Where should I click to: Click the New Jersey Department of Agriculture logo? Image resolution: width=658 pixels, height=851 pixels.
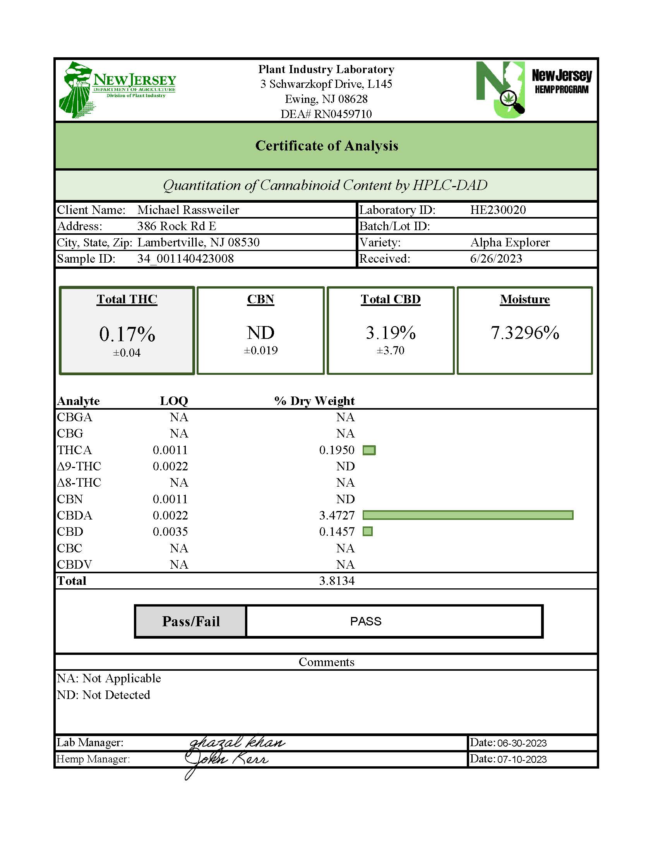(x=117, y=89)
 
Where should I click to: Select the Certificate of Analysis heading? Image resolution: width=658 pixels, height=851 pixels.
(x=326, y=146)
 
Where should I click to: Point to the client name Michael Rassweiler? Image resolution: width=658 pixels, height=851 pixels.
(x=188, y=210)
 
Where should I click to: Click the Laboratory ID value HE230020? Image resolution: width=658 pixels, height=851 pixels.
(x=498, y=210)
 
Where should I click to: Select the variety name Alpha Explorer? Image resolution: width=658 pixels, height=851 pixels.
(x=510, y=243)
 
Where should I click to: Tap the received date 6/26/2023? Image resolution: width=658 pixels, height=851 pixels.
(x=496, y=259)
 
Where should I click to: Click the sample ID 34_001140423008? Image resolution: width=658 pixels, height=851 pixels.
(x=185, y=259)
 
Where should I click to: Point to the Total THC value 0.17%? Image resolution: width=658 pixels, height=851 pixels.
(x=127, y=334)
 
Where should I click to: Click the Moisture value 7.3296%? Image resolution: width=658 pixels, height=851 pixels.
(x=525, y=333)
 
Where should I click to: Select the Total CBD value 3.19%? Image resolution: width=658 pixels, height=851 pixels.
(x=391, y=333)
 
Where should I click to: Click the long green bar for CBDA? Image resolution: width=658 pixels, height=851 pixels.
(x=468, y=515)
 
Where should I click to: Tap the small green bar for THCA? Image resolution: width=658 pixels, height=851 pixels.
(x=369, y=450)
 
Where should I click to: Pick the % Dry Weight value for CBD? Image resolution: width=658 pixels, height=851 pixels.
(x=337, y=532)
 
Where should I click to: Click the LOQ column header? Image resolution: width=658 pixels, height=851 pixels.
(x=174, y=401)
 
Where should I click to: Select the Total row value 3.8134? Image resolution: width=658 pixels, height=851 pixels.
(x=337, y=581)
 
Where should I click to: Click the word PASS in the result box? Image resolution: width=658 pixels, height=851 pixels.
(x=366, y=621)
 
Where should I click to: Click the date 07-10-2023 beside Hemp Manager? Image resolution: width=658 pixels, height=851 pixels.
(x=522, y=759)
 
